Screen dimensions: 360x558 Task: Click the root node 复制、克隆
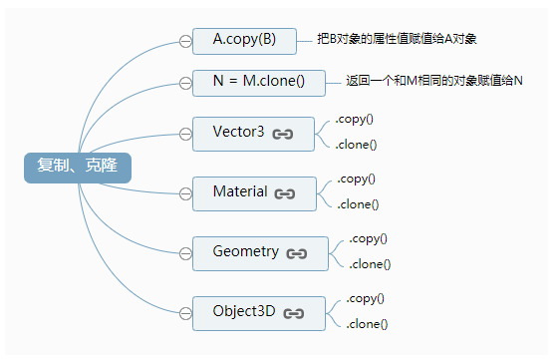(78, 166)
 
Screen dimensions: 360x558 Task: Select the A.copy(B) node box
(244, 41)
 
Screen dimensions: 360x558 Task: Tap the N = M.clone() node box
(259, 81)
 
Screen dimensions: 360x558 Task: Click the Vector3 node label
(238, 133)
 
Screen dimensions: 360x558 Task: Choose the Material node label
(239, 191)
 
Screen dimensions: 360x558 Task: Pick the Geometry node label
(245, 252)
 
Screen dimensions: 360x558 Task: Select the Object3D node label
(243, 311)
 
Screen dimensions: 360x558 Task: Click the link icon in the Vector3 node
(283, 134)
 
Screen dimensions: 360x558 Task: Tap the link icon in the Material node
(285, 193)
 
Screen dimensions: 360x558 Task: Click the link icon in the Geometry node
(297, 253)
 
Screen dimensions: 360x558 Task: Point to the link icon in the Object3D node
(293, 313)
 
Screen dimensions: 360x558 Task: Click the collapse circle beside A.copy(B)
(185, 41)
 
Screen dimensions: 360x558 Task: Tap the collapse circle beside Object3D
(185, 312)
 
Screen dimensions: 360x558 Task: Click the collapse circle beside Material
(185, 192)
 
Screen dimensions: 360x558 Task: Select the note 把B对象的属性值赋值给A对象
(397, 40)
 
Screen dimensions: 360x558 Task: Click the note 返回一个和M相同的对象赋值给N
(434, 80)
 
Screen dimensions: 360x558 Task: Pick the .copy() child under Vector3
(355, 119)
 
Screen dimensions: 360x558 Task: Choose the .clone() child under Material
(358, 204)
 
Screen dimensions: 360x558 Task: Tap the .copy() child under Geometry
(368, 238)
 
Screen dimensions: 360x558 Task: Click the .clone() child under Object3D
(367, 324)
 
